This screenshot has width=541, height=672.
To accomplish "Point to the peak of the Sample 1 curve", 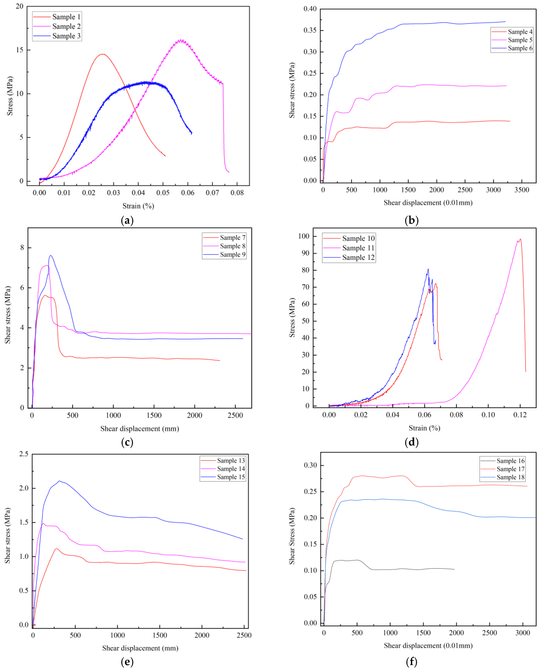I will click(x=102, y=54).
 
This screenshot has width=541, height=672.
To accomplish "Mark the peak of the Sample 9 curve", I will click(x=50, y=256).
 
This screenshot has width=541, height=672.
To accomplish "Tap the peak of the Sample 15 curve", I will click(x=59, y=481).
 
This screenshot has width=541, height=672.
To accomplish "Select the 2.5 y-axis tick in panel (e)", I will click(x=24, y=454).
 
